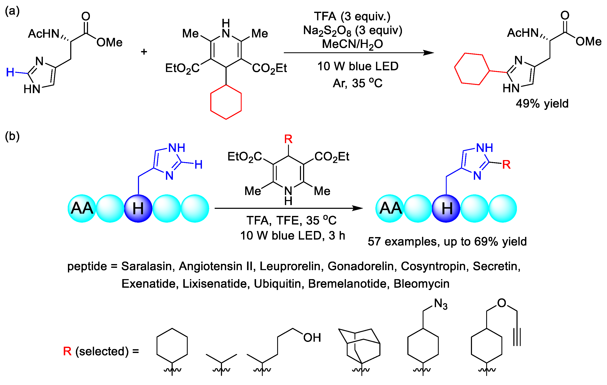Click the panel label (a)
click(12, 11)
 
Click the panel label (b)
click(12, 136)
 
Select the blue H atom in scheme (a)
click(10, 72)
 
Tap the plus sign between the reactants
click(144, 52)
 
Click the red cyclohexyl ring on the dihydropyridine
click(226, 102)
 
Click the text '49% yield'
click(542, 103)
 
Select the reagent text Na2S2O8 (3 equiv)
click(353, 31)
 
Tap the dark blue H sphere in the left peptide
click(138, 208)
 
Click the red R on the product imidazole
click(506, 165)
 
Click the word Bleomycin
click(421, 284)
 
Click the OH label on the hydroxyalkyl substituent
click(312, 338)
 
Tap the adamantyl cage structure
click(361, 346)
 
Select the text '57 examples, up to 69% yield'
click(447, 241)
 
